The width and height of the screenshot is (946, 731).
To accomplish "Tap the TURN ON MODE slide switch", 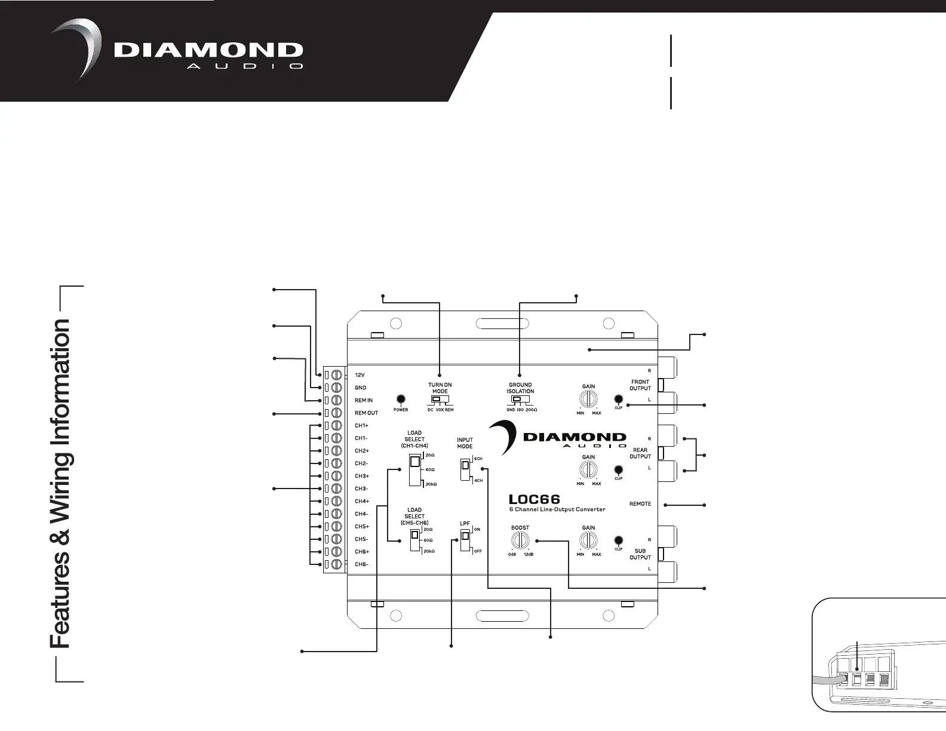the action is pyautogui.click(x=440, y=399).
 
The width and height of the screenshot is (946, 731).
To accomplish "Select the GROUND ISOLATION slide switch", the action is pyautogui.click(x=520, y=399).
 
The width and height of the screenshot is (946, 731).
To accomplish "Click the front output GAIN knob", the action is pyautogui.click(x=588, y=399).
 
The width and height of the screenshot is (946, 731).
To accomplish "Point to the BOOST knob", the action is pyautogui.click(x=520, y=540).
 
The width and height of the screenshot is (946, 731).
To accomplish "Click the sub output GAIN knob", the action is pyautogui.click(x=588, y=540).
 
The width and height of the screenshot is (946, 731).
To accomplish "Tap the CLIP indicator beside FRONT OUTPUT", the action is pyautogui.click(x=619, y=399).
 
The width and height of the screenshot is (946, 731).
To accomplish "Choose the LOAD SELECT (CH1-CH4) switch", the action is pyautogui.click(x=414, y=469).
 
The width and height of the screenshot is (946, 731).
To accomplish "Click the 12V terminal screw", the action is pyautogui.click(x=336, y=375).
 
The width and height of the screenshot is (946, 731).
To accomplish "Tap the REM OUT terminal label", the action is pyautogui.click(x=366, y=413).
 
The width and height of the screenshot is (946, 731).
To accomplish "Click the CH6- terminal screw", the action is pyautogui.click(x=336, y=564).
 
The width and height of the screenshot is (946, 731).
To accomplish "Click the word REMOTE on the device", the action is pyautogui.click(x=640, y=504).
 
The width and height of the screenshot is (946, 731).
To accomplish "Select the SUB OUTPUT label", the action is pyautogui.click(x=640, y=554).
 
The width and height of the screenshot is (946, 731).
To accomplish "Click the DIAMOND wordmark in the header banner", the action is pyautogui.click(x=208, y=51).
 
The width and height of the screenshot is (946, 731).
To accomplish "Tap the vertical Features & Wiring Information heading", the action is pyautogui.click(x=61, y=484).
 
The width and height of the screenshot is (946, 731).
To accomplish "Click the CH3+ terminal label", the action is pyautogui.click(x=362, y=476).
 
